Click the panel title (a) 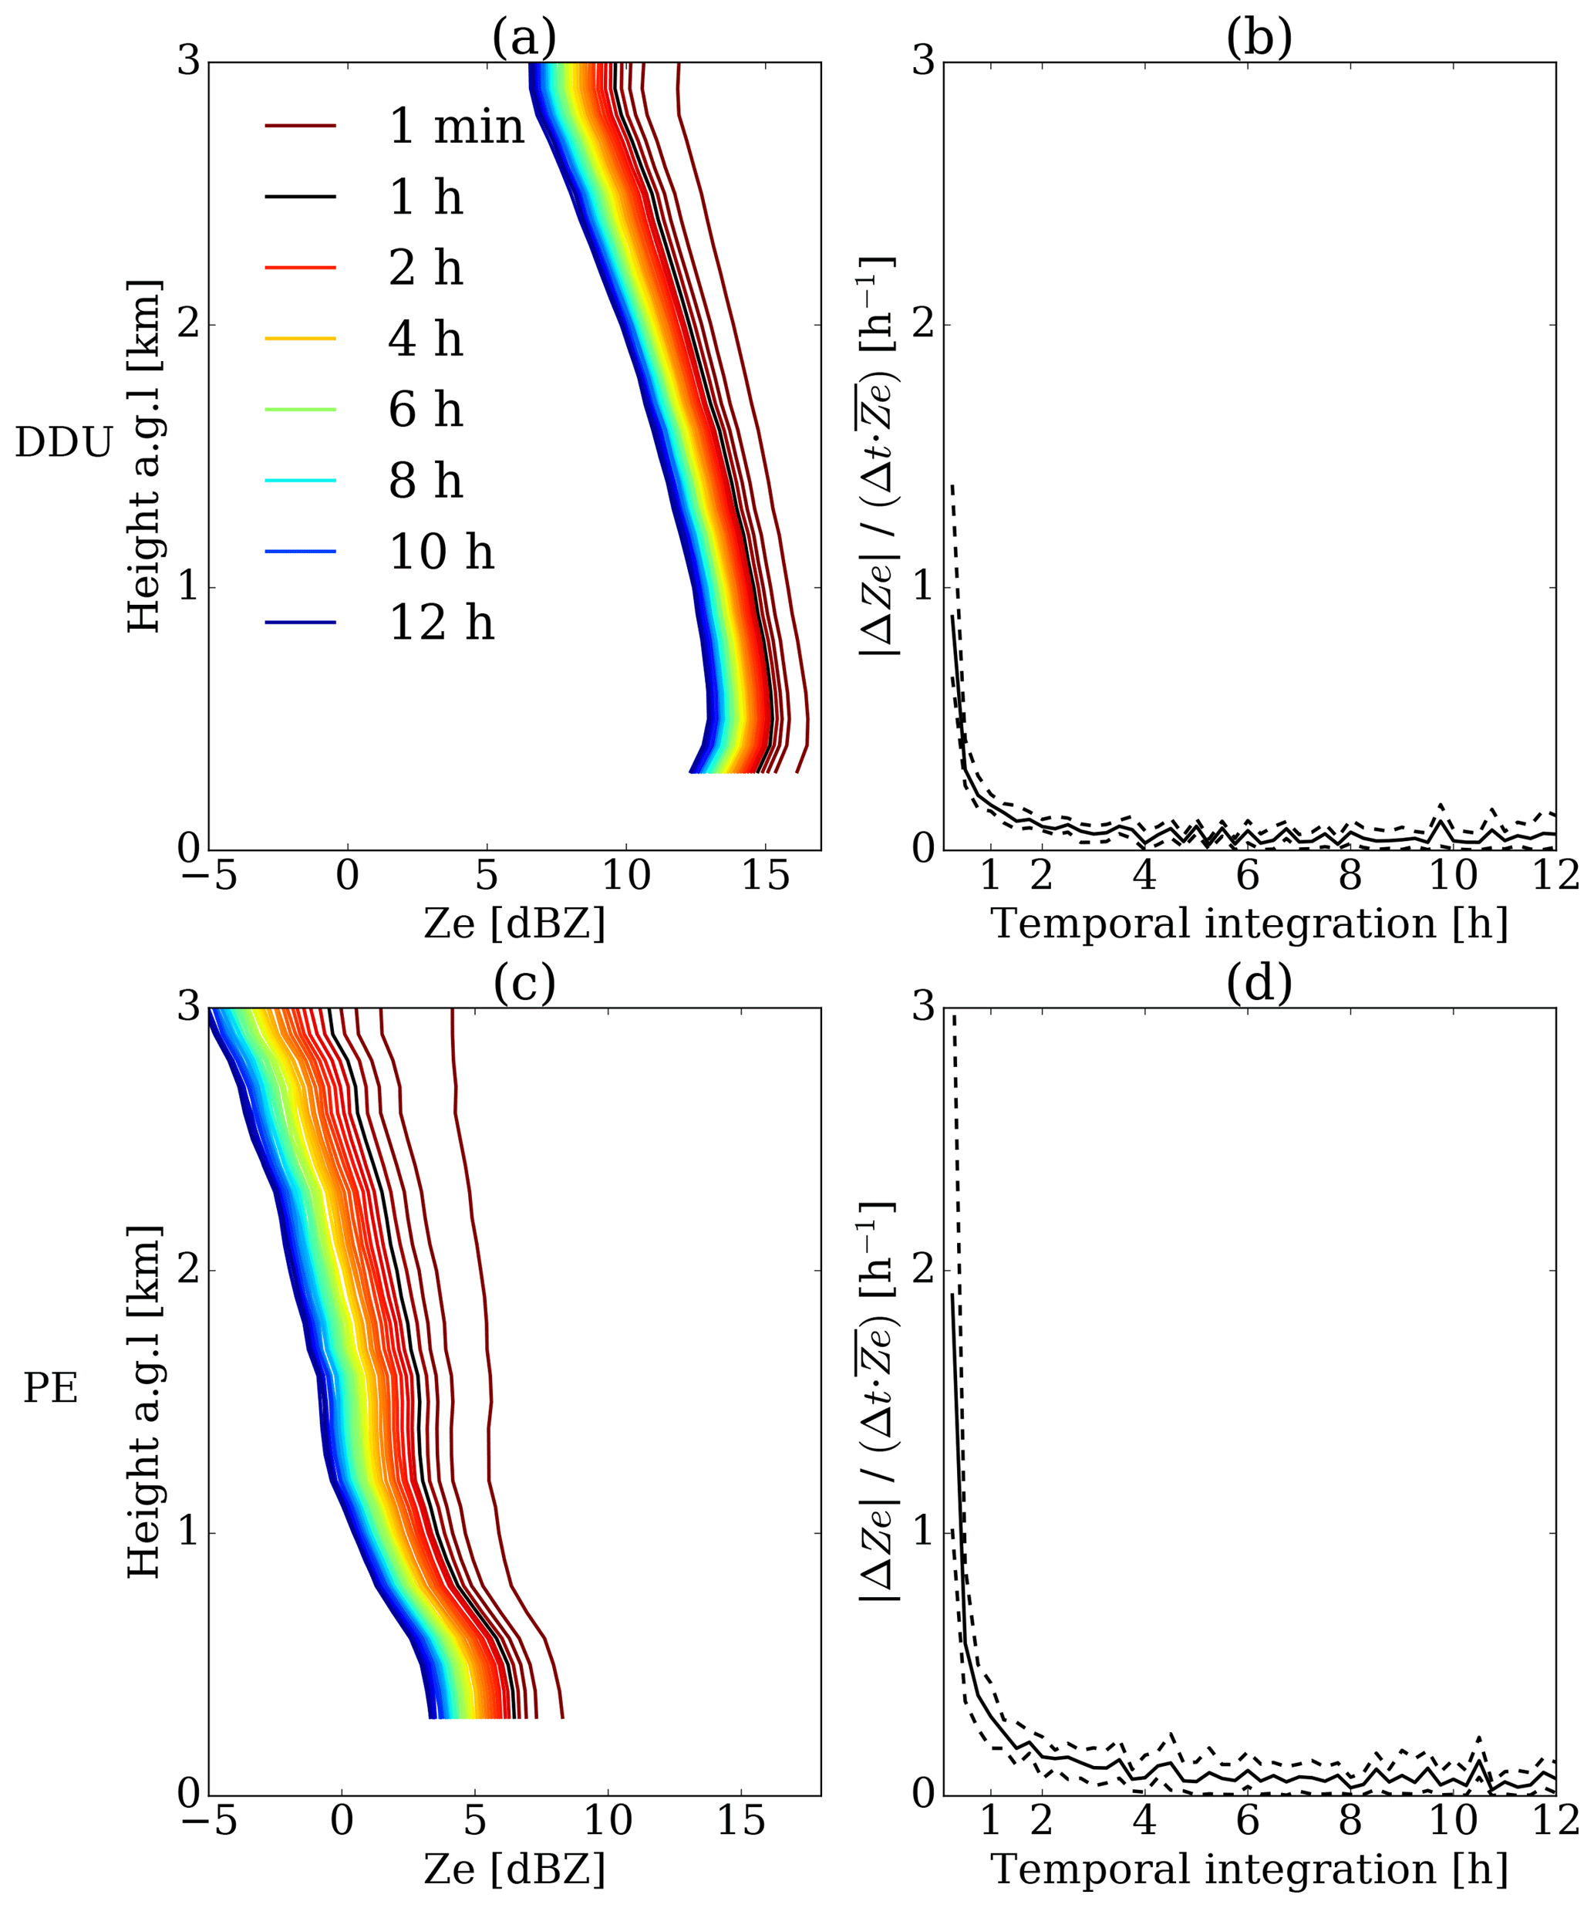(524, 38)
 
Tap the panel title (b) (1259, 38)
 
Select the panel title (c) (524, 983)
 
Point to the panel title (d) (1259, 983)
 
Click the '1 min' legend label (457, 126)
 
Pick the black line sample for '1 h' (301, 196)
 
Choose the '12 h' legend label (441, 623)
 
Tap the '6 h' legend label (425, 410)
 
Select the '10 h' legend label (441, 552)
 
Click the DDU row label (63, 443)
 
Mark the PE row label (51, 1388)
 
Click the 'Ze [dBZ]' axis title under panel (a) (514, 924)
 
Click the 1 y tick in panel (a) (188, 588)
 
